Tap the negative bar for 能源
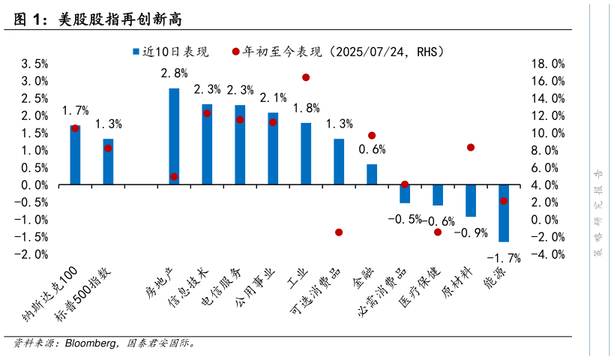(504, 213)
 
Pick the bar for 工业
(306, 154)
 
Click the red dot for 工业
(306, 77)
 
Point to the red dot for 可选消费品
(339, 232)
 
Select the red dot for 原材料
(471, 148)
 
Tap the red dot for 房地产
(174, 177)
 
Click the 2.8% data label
(174, 73)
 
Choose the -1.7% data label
(504, 259)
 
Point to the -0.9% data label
(471, 233)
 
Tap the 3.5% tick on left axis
(34, 64)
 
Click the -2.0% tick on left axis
(33, 254)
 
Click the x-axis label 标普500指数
(86, 295)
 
